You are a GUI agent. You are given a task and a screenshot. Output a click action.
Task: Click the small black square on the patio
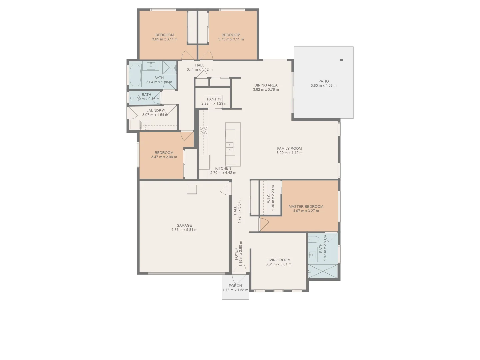click(341, 60)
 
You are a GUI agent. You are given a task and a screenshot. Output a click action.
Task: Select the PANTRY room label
click(214, 99)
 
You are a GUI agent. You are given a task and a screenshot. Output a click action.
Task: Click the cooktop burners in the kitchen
click(203, 130)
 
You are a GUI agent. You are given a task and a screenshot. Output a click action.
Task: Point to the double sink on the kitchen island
click(230, 147)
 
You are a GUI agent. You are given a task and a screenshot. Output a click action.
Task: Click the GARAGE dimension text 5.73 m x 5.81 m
click(184, 230)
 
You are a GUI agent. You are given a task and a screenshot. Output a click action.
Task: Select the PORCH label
click(235, 286)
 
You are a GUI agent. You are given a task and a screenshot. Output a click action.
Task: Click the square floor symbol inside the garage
click(192, 189)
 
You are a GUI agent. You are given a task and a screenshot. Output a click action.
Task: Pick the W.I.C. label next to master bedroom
click(269, 198)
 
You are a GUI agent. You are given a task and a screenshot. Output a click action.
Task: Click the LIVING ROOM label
click(278, 260)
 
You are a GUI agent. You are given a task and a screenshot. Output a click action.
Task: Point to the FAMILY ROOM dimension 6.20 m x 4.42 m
click(289, 153)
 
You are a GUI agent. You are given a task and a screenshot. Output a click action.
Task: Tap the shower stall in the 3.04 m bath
click(169, 68)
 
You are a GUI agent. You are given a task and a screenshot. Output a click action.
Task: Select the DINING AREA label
click(266, 85)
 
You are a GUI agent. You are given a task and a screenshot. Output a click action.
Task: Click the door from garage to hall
click(225, 189)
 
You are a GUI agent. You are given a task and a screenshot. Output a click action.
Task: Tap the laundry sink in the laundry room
click(145, 126)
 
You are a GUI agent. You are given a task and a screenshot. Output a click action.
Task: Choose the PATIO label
click(323, 81)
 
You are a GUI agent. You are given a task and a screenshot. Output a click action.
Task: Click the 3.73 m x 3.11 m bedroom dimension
click(231, 39)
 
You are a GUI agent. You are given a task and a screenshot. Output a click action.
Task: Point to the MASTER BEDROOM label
click(306, 206)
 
